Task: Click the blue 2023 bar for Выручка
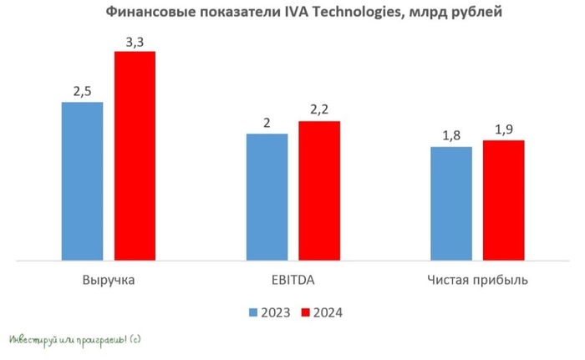click(x=82, y=181)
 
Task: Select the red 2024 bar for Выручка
click(x=135, y=156)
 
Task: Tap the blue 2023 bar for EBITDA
click(x=267, y=197)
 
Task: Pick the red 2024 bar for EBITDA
click(x=319, y=191)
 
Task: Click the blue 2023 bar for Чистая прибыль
click(x=451, y=204)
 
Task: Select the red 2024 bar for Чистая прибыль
click(x=504, y=200)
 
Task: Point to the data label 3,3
click(x=135, y=38)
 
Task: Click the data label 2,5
click(x=82, y=89)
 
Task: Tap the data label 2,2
click(x=319, y=109)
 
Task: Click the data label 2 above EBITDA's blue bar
click(x=267, y=121)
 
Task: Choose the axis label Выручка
click(x=109, y=279)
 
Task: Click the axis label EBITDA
click(x=292, y=279)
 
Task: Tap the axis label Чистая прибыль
click(x=477, y=279)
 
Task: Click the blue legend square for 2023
click(x=253, y=312)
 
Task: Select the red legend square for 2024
click(x=307, y=312)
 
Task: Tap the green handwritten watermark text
click(x=74, y=341)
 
